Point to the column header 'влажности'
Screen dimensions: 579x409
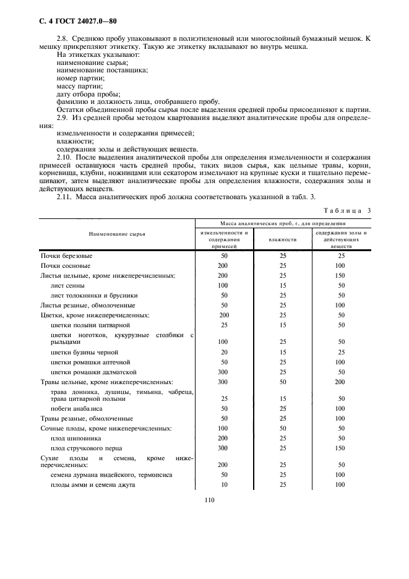(283, 239)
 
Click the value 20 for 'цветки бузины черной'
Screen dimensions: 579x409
(223, 351)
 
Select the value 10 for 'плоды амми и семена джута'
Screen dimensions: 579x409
(223, 484)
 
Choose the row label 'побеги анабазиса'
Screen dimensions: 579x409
(77, 408)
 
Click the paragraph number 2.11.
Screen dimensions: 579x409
(65, 195)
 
